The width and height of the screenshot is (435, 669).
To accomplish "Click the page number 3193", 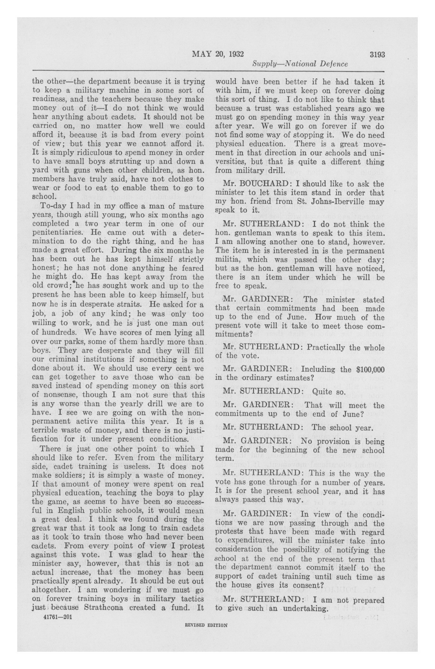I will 377,55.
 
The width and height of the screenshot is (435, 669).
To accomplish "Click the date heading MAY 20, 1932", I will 217,55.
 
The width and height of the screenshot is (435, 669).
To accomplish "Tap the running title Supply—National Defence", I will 300,64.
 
